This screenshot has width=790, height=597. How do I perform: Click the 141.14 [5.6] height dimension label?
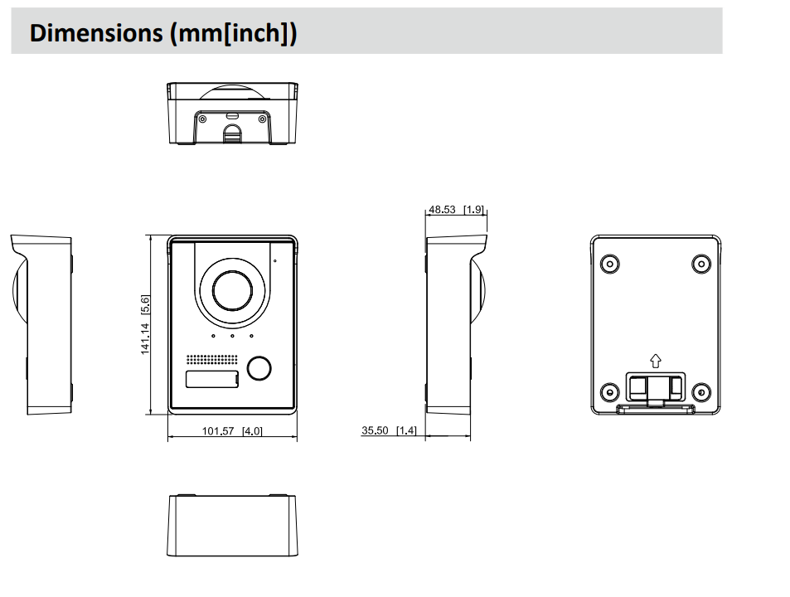point(145,325)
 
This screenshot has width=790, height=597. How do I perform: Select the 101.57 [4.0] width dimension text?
point(232,431)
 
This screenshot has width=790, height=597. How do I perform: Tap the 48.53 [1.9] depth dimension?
point(456,210)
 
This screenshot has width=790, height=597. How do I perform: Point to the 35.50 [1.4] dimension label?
point(388,430)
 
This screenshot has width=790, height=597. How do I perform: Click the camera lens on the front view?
point(231,290)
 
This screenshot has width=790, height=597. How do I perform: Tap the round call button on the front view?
point(259,367)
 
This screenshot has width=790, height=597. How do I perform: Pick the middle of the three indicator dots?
point(233,337)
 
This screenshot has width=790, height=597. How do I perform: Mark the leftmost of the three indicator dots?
point(214,337)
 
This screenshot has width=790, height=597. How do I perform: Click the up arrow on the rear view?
point(655,361)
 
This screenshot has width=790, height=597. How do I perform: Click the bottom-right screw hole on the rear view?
point(700,391)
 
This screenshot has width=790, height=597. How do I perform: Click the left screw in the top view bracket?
point(201,119)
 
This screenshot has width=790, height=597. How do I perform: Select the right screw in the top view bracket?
point(264,119)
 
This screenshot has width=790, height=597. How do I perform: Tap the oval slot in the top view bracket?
point(232,115)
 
